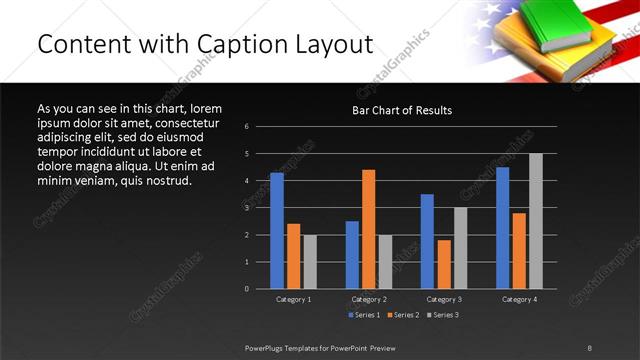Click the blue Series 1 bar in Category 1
277,231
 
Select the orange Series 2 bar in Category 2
368,229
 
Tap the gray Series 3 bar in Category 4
535,221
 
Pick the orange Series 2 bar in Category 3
443,264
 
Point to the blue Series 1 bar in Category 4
502,228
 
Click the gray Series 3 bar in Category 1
310,262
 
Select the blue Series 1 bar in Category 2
352,255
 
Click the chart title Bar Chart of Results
403,110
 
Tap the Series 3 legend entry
443,315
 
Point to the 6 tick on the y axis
246,127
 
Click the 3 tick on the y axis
246,208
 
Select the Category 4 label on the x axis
518,299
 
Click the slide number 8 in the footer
589,348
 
